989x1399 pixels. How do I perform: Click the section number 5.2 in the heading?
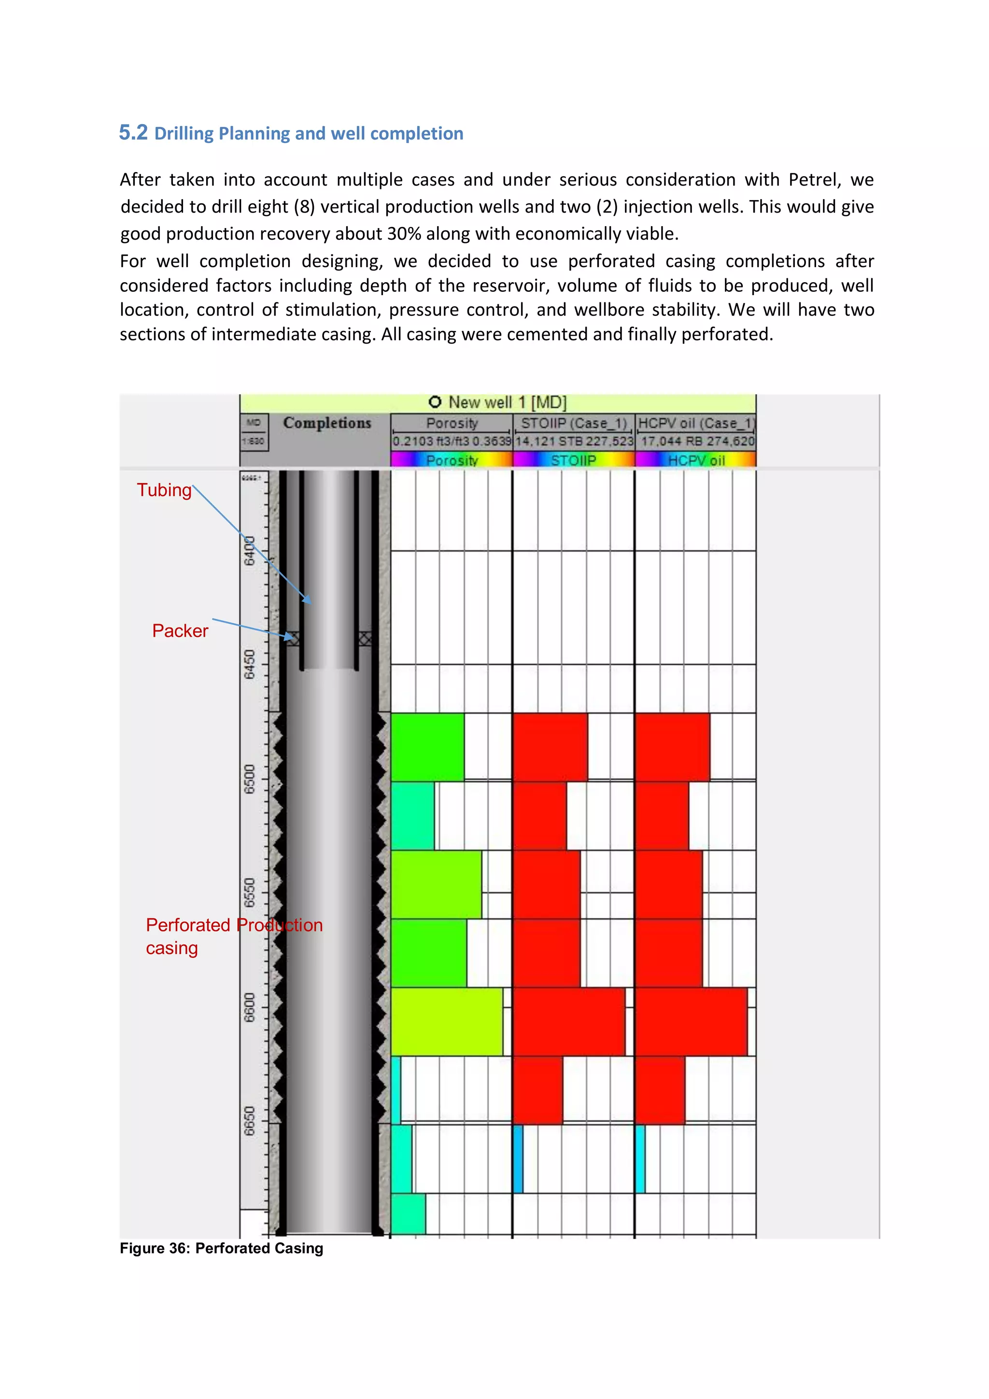[133, 132]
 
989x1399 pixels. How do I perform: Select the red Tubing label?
[164, 490]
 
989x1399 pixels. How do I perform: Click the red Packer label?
[180, 630]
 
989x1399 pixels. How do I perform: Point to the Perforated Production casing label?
[233, 936]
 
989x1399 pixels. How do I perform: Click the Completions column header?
[327, 423]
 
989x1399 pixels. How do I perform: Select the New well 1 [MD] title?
[497, 402]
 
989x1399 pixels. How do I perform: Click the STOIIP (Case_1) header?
[573, 423]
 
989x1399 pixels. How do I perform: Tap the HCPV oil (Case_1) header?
[695, 423]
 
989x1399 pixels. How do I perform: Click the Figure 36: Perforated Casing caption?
[221, 1248]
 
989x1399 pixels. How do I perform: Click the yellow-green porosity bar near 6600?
[446, 1021]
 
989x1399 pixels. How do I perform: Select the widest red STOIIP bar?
[569, 1021]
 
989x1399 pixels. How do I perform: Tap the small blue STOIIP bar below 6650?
[518, 1158]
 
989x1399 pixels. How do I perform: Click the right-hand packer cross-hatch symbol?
[365, 639]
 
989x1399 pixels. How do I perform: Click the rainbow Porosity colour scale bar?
[451, 460]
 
